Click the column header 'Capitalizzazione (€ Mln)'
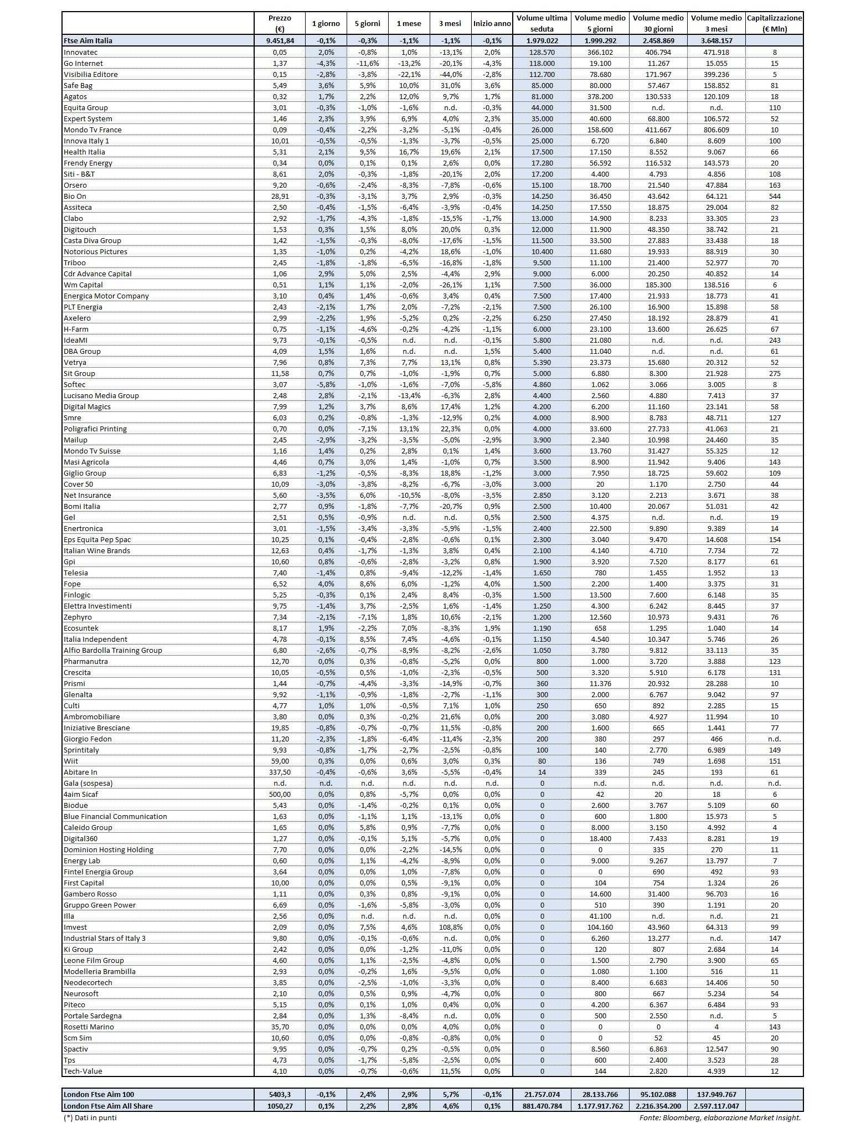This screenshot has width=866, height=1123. (774, 23)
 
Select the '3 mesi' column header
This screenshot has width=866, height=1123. (450, 23)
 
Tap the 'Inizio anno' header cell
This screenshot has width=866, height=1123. (492, 23)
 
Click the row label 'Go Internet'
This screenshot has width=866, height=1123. (83, 63)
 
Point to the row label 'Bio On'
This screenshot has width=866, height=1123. (75, 196)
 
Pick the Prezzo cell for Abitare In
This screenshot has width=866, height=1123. (279, 772)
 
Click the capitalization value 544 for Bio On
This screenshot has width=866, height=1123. (774, 196)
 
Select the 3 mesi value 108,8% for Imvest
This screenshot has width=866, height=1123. (450, 927)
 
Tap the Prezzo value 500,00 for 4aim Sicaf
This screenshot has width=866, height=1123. (279, 794)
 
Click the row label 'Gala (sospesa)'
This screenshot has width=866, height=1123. (88, 783)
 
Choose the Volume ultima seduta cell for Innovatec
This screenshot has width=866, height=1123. (542, 52)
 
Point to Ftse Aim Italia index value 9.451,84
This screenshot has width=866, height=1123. (279, 40)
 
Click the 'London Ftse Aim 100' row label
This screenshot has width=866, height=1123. (99, 1094)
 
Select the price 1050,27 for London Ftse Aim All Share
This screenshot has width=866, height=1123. (279, 1106)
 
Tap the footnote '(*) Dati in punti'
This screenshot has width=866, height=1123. (90, 1117)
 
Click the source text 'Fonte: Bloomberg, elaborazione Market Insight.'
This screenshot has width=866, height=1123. (720, 1117)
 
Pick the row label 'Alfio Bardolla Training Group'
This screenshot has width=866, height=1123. (113, 650)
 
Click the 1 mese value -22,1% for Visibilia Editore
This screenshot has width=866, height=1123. (409, 74)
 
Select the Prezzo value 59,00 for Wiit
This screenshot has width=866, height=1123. (279, 761)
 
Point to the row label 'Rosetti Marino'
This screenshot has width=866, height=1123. (89, 1027)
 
